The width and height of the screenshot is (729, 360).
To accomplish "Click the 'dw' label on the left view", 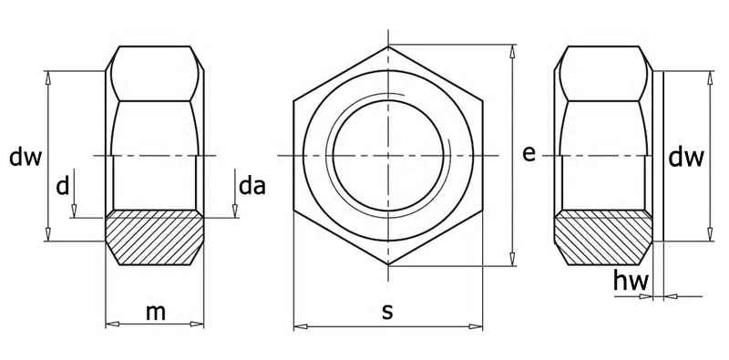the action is pyautogui.click(x=26, y=158).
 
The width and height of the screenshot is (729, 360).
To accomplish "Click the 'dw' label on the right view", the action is pyautogui.click(x=686, y=158).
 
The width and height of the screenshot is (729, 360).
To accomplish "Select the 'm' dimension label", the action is pyautogui.click(x=155, y=313).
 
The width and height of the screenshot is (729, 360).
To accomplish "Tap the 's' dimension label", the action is pyautogui.click(x=387, y=313).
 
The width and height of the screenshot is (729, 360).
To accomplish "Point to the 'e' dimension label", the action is pyautogui.click(x=529, y=154).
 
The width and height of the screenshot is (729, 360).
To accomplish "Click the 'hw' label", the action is pyautogui.click(x=631, y=281).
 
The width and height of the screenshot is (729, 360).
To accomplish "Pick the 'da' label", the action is pyautogui.click(x=252, y=186).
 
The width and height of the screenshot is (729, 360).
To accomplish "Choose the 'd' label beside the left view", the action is pyautogui.click(x=63, y=186).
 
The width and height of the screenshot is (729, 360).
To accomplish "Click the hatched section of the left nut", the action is pyautogui.click(x=154, y=237).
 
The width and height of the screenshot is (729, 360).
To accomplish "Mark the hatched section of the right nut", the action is pyautogui.click(x=603, y=237).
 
